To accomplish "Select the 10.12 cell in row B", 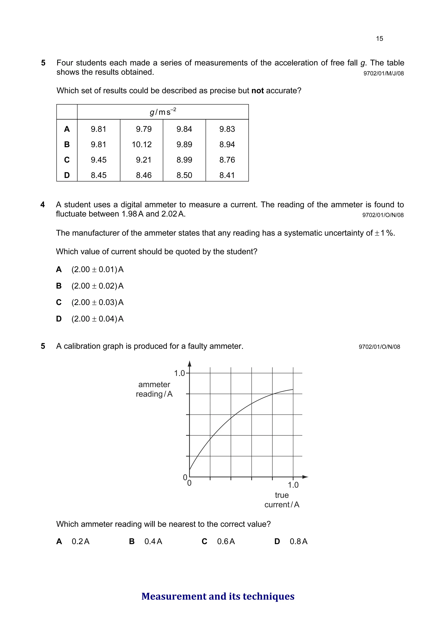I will [x=142, y=145].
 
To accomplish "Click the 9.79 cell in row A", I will [x=143, y=129].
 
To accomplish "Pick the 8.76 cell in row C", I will [x=227, y=160].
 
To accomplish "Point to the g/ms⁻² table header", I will [x=163, y=112].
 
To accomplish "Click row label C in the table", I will [x=67, y=160].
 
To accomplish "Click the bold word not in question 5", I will [x=257, y=91].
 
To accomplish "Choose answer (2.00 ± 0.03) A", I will [x=97, y=302].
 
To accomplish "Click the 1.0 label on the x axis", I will [x=293, y=485].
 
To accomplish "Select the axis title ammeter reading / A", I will [x=154, y=389].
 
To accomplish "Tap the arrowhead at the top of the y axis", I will [x=189, y=364].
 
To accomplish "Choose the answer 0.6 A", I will [x=226, y=541].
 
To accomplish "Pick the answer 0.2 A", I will [x=80, y=541].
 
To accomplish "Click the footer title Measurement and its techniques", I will [x=218, y=596].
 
